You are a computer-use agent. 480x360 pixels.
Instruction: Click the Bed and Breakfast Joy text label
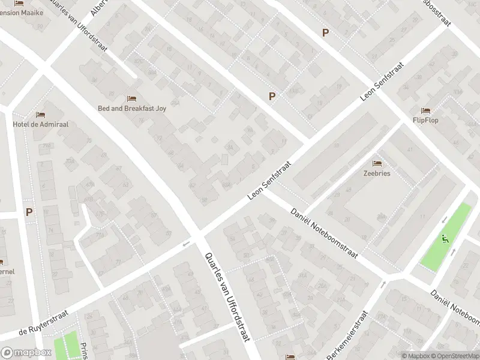(x=132, y=109)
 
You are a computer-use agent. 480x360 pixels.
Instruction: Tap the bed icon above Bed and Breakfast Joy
(x=132, y=98)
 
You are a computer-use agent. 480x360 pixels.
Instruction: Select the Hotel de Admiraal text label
(x=40, y=124)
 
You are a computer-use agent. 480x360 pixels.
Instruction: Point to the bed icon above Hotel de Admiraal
(x=40, y=114)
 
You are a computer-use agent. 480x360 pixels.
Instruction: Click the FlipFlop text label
(x=425, y=120)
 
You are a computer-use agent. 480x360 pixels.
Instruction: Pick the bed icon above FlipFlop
(x=425, y=110)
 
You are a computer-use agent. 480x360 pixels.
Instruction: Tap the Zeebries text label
(x=377, y=173)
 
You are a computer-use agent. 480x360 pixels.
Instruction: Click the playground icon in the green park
(x=445, y=238)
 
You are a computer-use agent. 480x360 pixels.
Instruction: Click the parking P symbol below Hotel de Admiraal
(x=29, y=211)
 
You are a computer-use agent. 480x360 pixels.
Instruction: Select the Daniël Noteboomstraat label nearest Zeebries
(x=324, y=233)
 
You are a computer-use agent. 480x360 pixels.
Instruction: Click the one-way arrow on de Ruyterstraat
(x=186, y=244)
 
